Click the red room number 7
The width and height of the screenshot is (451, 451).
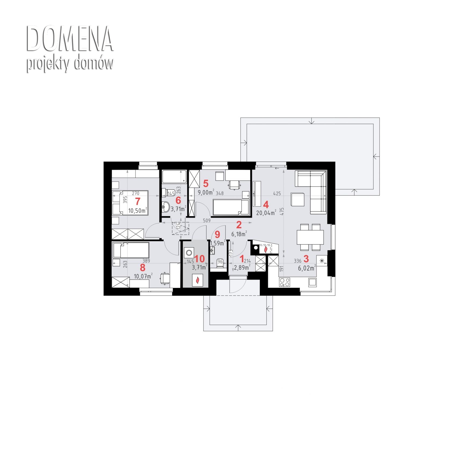point(138,201)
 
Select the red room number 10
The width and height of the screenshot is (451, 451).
point(199,259)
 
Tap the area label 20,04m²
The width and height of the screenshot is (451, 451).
point(266,213)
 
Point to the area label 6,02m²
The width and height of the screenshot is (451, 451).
point(307,268)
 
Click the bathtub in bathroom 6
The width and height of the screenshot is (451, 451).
point(174,177)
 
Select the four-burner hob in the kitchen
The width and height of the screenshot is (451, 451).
point(285,282)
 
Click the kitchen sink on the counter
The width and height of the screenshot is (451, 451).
point(312,282)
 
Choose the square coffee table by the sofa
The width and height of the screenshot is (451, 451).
point(298,199)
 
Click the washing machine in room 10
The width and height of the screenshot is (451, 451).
point(189,253)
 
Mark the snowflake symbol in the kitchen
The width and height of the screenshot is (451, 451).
point(322,260)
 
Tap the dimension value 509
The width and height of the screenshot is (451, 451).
point(207,221)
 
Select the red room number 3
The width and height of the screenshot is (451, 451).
point(306,259)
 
